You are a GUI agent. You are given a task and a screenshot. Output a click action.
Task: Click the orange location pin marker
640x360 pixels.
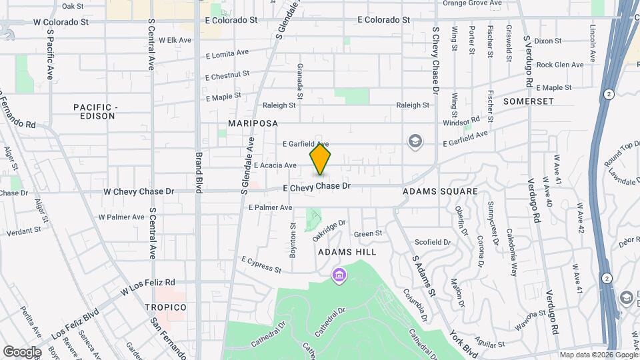click(321, 159)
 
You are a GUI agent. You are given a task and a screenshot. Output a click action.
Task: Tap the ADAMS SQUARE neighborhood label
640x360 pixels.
click(440, 191)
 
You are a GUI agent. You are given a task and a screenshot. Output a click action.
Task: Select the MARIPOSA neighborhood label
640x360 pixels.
click(253, 124)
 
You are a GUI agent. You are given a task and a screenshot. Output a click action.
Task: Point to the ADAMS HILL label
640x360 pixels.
click(347, 252)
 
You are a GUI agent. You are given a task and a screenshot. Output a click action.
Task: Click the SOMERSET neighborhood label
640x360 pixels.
click(529, 101)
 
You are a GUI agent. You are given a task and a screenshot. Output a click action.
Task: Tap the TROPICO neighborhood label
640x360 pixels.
click(166, 307)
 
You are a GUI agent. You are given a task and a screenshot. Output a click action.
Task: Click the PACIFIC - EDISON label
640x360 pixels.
click(94, 111)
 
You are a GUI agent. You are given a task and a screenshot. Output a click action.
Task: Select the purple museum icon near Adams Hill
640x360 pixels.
click(339, 274)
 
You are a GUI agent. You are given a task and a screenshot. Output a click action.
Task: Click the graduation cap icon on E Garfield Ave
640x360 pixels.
click(415, 141)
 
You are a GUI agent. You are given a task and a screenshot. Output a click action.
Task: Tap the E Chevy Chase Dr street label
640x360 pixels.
click(317, 187)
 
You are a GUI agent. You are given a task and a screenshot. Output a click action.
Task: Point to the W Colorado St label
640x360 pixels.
click(61, 22)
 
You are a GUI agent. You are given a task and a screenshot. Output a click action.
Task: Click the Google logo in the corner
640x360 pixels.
click(22, 351)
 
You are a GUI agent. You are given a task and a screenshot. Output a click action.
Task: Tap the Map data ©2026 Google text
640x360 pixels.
click(598, 355)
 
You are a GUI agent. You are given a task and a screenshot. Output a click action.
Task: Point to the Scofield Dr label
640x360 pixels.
click(433, 242)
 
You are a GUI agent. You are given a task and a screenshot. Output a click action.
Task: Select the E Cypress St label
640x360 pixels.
click(261, 264)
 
